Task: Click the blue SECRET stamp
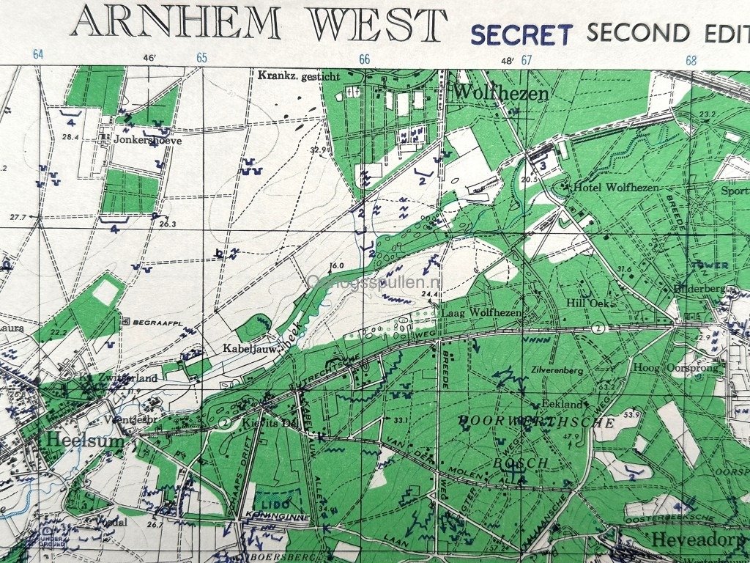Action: [x=521, y=34]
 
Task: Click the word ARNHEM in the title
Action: [x=176, y=23]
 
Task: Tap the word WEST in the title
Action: [x=376, y=23]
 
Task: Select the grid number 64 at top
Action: [x=38, y=55]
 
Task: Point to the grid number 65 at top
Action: [x=201, y=58]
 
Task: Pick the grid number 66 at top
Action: [x=364, y=59]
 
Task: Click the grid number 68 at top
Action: [x=690, y=60]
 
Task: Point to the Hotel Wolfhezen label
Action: [x=615, y=188]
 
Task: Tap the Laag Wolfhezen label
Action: [x=481, y=313]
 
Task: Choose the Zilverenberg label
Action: [x=558, y=371]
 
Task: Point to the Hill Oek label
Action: [x=584, y=303]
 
